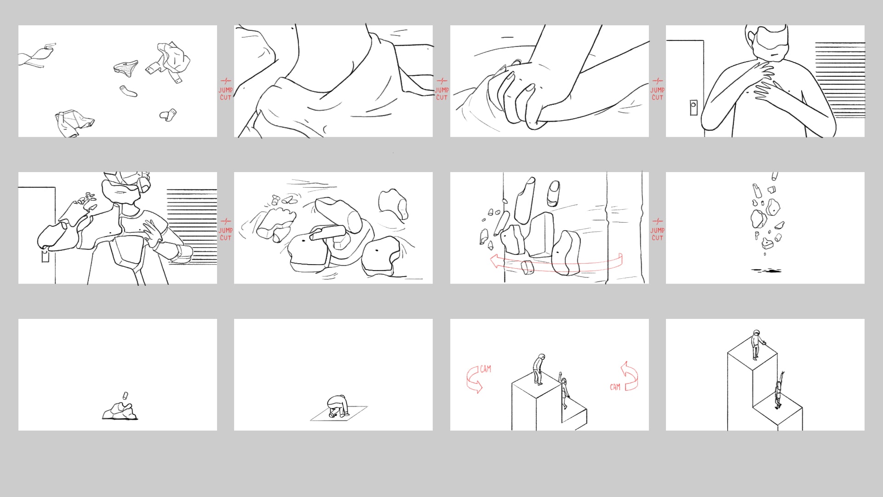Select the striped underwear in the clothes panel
pos(126,68)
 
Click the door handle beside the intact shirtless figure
pos(693,108)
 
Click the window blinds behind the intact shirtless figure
pos(840,80)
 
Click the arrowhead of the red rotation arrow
pos(496,261)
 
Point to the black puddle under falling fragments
pos(766,271)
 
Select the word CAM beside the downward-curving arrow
pos(485,369)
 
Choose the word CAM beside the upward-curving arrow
pos(615,387)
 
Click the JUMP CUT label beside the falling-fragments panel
pos(657,230)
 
